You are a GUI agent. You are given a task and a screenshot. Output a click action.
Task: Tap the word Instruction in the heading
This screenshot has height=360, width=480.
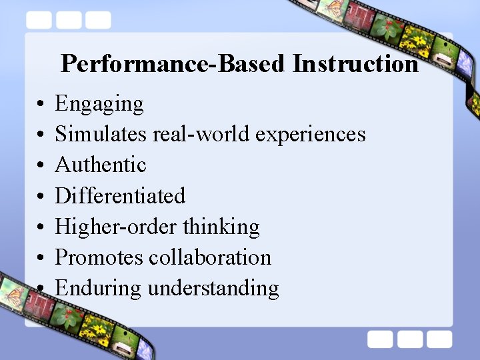(x=355, y=64)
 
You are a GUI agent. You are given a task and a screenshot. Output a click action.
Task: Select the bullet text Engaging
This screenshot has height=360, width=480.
(x=99, y=104)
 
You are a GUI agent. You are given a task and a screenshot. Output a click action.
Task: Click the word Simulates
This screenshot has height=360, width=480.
(x=101, y=134)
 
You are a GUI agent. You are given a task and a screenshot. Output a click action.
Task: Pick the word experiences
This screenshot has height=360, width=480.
(x=311, y=134)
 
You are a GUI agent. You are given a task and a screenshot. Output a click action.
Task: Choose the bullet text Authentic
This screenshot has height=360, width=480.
(x=101, y=165)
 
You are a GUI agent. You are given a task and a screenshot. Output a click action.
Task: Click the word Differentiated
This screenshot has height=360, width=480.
(x=120, y=196)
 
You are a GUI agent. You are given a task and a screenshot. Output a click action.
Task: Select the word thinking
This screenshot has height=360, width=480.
(x=221, y=227)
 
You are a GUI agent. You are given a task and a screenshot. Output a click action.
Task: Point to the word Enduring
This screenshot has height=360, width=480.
(x=98, y=288)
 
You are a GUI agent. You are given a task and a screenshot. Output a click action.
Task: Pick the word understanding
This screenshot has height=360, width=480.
(x=213, y=288)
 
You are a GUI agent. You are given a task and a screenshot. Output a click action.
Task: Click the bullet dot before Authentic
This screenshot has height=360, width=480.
(x=41, y=166)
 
